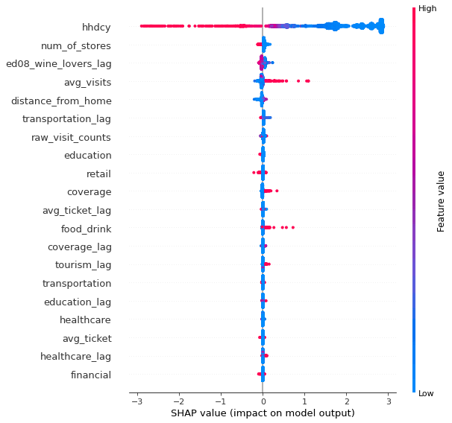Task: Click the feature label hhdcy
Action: pyautogui.click(x=96, y=28)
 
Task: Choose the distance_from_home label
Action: pyautogui.click(x=66, y=101)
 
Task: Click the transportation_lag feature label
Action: pyautogui.click(x=66, y=119)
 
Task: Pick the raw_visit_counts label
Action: pyautogui.click(x=71, y=137)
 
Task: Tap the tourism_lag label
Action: pyautogui.click(x=83, y=265)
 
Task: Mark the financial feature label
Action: pyautogui.click(x=90, y=375)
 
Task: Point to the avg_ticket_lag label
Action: pyautogui.click(x=76, y=210)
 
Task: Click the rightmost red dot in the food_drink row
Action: pyautogui.click(x=293, y=227)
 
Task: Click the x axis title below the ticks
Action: pyautogui.click(x=263, y=413)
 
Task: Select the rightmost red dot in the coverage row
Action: pyautogui.click(x=277, y=191)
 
